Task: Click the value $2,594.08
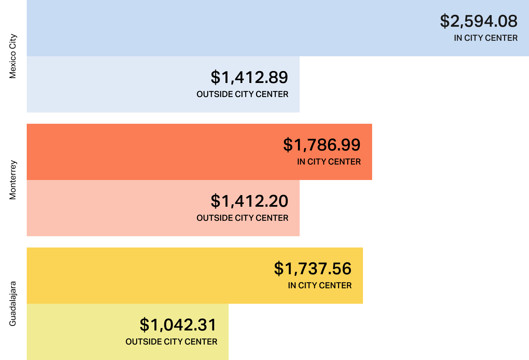[x=478, y=21]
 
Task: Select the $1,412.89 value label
[x=249, y=78]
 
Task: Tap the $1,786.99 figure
[x=321, y=145]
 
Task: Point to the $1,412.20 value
[x=249, y=201]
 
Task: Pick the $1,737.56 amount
[x=312, y=269]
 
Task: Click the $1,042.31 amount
[x=178, y=325]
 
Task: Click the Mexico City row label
[x=13, y=56]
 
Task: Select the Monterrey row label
[x=13, y=180]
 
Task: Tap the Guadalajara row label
[x=13, y=304]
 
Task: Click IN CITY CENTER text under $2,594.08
[x=485, y=38]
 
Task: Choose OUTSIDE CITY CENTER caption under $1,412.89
[x=242, y=94]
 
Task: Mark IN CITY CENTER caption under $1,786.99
[x=329, y=162]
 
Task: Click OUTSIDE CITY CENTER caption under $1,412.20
[x=242, y=218]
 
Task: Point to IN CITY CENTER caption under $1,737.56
[x=319, y=285]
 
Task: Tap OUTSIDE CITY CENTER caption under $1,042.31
[x=171, y=342]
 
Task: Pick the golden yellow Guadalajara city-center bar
[x=141, y=276]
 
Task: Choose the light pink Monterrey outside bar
[x=106, y=208]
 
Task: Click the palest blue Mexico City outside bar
[x=106, y=84]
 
